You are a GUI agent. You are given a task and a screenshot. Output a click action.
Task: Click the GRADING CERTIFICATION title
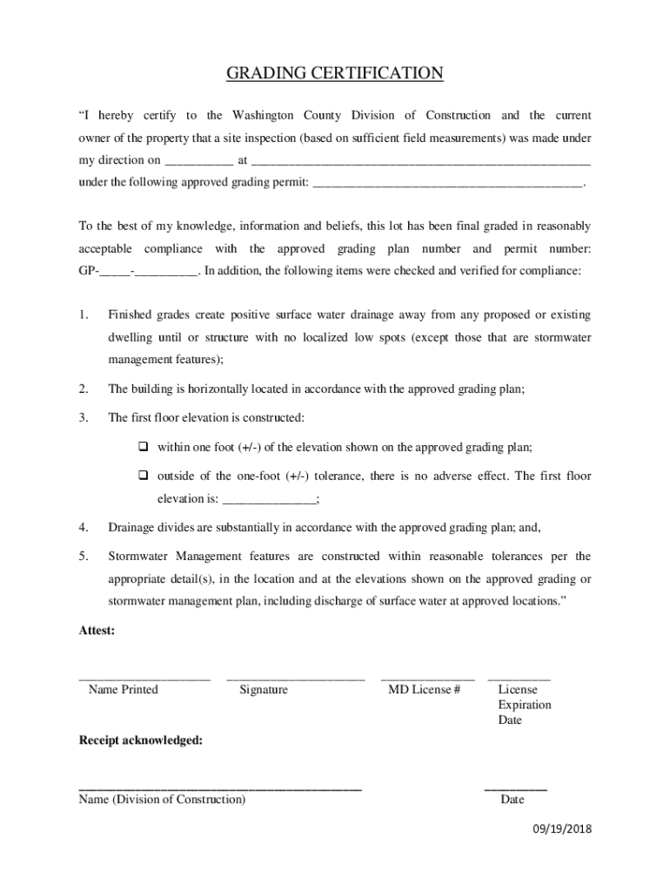point(335,74)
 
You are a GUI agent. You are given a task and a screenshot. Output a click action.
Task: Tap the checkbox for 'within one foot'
point(144,447)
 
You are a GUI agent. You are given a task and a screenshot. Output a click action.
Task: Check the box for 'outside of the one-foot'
point(144,476)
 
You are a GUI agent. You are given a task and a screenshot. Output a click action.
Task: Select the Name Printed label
point(124,690)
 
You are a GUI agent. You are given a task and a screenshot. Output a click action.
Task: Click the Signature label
point(264,690)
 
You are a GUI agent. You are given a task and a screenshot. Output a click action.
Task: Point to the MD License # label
point(424,690)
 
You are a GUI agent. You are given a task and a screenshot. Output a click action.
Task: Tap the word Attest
point(97,631)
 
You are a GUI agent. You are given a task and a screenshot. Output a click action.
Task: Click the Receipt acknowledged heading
point(141,740)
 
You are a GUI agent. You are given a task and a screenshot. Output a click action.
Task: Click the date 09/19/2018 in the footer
point(562,829)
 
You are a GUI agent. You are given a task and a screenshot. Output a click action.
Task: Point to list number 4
point(84,528)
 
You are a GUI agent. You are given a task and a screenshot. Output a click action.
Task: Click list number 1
point(84,314)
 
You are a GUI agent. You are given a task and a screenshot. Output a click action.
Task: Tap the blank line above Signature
point(295,678)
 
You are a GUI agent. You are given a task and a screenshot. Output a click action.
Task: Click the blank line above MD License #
point(428,678)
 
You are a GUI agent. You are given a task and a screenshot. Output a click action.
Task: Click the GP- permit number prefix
point(89,271)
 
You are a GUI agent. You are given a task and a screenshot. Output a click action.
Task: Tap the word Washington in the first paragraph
point(251,116)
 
